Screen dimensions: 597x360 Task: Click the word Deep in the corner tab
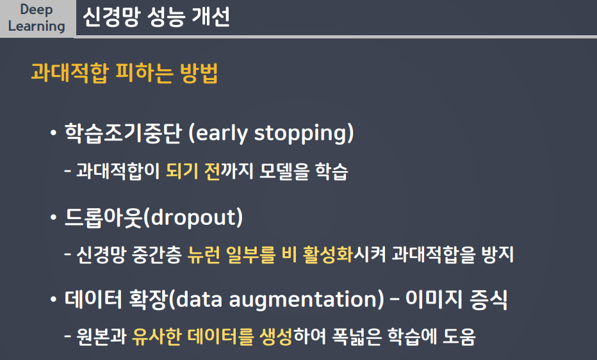(37, 10)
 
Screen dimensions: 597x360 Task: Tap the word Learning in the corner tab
(37, 26)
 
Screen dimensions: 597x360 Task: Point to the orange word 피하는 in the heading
(144, 72)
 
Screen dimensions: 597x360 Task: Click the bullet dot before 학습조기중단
(53, 133)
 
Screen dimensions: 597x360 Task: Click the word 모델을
(284, 171)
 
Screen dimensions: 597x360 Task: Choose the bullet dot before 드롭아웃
(53, 217)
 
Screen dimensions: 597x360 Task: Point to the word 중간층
(157, 254)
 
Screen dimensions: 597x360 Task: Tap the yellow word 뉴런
(204, 254)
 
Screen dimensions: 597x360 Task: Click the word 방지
(498, 254)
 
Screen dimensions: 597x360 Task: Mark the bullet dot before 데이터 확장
(53, 300)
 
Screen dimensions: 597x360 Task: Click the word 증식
(489, 299)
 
